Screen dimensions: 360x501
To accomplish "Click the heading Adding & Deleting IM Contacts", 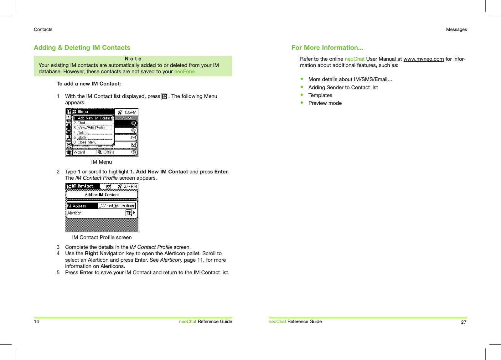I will tap(82, 48).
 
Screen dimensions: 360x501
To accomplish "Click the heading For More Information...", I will tap(327, 48).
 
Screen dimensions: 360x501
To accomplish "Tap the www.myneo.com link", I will tap(423, 59).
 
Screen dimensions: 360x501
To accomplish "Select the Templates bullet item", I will tap(320, 95).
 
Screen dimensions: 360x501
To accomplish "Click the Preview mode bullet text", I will tap(325, 103).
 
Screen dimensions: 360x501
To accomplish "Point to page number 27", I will tap(463, 322).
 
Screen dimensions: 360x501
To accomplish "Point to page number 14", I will tap(36, 321).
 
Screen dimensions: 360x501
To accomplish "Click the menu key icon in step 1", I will tap(165, 96).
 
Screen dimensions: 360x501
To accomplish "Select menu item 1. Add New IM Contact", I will tap(93, 118).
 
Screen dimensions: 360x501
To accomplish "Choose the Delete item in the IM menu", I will tap(83, 133).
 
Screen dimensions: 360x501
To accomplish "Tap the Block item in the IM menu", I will tap(82, 137).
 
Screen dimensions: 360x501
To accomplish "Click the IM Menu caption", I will tap(101, 162).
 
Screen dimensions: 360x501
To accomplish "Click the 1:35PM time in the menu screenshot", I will tap(130, 112).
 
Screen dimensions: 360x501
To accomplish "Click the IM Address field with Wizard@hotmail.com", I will tap(116, 206).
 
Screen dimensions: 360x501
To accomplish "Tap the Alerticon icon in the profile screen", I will tap(129, 213).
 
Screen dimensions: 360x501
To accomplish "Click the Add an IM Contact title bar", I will tap(102, 194).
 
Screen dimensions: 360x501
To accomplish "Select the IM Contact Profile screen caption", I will tap(102, 237).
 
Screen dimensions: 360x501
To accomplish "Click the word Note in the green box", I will tap(133, 59).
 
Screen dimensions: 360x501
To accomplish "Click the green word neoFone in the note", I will tap(185, 71).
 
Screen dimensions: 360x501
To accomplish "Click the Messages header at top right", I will tap(456, 29).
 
